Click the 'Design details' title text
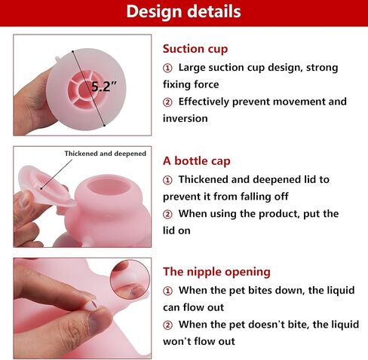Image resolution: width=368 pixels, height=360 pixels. coord(183,11)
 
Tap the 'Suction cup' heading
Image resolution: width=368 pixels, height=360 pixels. coord(195,49)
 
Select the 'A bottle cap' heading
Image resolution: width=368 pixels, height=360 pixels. coord(197,161)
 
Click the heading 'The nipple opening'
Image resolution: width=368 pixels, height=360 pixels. coord(216,272)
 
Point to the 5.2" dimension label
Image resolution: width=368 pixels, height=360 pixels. coord(104,87)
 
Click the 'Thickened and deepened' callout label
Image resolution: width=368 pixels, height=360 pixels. coord(106,154)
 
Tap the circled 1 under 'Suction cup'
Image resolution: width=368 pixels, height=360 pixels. coord(167,68)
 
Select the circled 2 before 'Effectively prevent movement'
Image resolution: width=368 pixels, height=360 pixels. coord(167,102)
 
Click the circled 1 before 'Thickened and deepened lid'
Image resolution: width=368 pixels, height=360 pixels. coord(167,180)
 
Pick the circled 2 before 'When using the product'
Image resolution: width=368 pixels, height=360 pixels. coord(167,215)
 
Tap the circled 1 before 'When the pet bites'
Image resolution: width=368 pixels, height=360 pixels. coord(167,291)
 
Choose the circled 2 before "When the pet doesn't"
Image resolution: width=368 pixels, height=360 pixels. coord(167,325)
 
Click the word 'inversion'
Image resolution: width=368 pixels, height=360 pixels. coord(186,118)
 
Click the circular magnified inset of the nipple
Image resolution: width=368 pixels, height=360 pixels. coord(130,279)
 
